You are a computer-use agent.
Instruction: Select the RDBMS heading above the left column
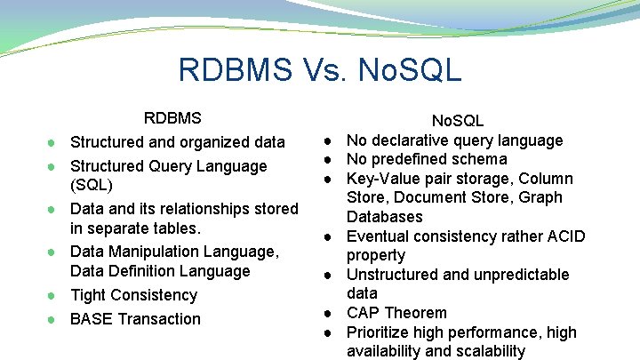[x=172, y=118]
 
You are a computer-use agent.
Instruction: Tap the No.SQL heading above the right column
[x=458, y=121]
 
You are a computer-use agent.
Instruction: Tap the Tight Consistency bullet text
[x=133, y=295]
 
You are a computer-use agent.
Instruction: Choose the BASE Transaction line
[x=135, y=319]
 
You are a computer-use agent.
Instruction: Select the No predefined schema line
[x=427, y=160]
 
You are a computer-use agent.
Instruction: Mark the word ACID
[x=566, y=236]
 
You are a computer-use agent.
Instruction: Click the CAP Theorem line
[x=396, y=313]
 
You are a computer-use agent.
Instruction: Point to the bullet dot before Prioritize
[x=328, y=332]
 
